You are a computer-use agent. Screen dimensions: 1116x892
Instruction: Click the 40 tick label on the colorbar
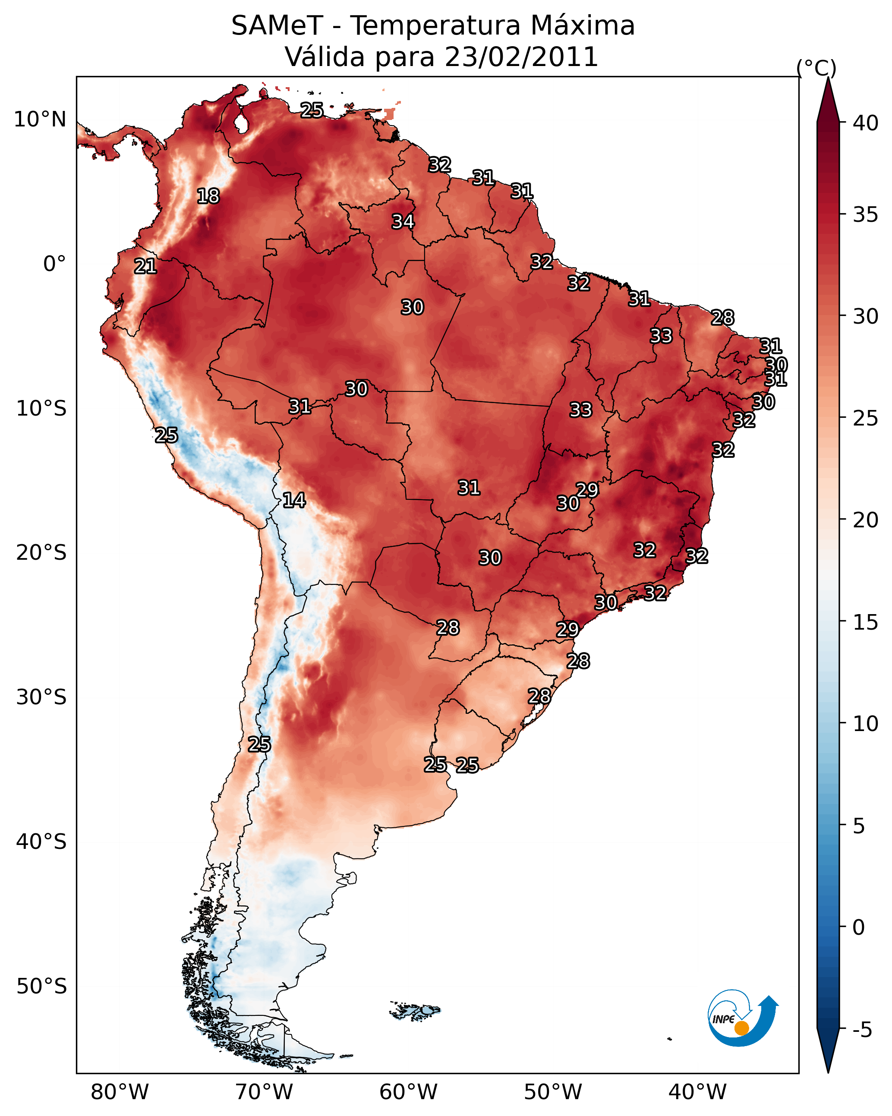(x=865, y=123)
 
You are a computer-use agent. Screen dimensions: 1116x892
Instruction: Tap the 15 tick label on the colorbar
(x=865, y=622)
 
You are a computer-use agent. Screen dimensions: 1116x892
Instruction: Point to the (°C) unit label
(x=816, y=68)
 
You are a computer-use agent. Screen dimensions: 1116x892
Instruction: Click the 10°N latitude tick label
(x=40, y=120)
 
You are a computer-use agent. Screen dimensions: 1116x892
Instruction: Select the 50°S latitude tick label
(x=41, y=987)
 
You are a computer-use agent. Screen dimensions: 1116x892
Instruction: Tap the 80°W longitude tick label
(x=120, y=1092)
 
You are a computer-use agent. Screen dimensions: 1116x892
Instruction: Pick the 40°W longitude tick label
(x=697, y=1092)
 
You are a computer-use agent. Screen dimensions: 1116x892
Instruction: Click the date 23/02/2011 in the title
(x=521, y=57)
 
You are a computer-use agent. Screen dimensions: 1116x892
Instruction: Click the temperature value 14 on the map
(x=294, y=500)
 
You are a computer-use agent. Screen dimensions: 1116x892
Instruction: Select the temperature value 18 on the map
(x=208, y=196)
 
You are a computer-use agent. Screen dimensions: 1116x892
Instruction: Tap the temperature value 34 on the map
(x=403, y=221)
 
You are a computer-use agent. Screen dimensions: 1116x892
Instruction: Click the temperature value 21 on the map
(x=145, y=267)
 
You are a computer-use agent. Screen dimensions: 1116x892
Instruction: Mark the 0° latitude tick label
(x=54, y=264)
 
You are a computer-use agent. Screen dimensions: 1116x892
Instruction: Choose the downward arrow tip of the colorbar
(x=828, y=1069)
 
